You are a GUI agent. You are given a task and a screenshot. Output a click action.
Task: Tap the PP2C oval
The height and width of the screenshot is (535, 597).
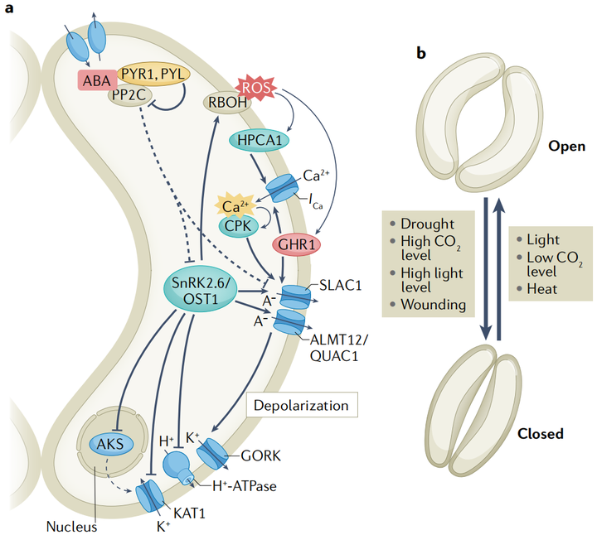click(129, 96)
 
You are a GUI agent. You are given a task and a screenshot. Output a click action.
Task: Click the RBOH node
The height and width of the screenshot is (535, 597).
click(226, 103)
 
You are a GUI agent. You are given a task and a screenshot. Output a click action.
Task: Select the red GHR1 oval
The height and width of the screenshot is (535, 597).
click(295, 245)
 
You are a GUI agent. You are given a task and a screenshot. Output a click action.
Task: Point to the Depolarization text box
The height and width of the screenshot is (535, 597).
click(301, 406)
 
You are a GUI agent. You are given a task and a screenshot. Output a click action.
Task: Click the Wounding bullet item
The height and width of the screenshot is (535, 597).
click(430, 305)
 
